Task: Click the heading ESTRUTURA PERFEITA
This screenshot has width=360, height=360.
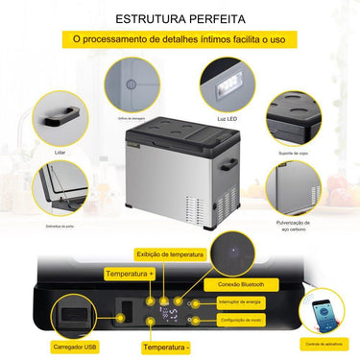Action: (x=180, y=18)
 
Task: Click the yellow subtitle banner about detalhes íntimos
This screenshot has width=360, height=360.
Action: (x=180, y=39)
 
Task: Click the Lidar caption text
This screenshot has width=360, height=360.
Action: (x=59, y=151)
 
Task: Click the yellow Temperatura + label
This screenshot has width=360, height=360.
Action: (x=130, y=274)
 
